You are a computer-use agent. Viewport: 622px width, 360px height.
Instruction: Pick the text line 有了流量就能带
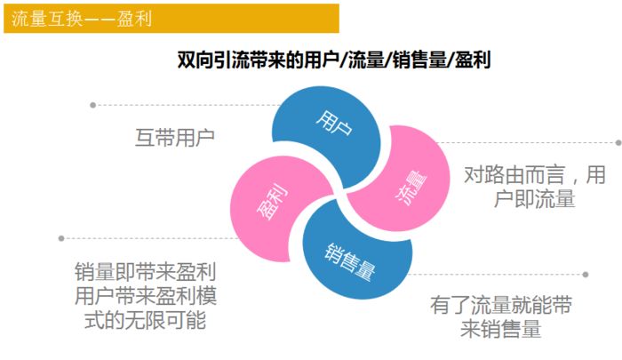pyautogui.click(x=500, y=305)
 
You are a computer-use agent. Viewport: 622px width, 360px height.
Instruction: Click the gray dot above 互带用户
pyautogui.click(x=93, y=105)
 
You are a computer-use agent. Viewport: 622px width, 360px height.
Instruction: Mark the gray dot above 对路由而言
pyautogui.click(x=618, y=142)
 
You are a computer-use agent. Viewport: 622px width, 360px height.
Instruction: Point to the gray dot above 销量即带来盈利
pyautogui.click(x=61, y=237)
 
